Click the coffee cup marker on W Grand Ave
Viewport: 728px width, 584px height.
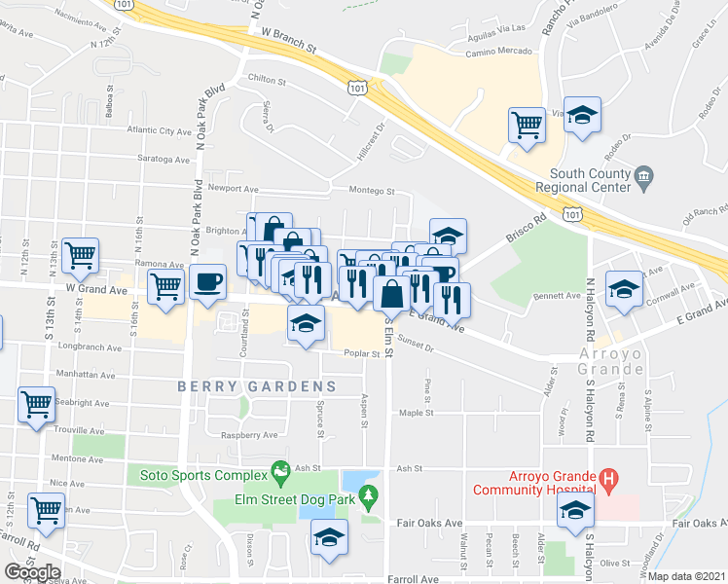point(206,282)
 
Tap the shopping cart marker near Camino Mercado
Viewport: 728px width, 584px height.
point(526,125)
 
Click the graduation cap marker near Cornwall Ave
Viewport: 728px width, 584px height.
point(623,288)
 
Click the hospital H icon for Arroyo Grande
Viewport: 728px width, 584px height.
point(608,477)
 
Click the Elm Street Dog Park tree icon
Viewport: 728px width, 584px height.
point(368,500)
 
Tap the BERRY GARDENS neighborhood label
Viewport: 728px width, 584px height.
point(256,386)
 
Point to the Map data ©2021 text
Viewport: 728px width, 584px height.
point(686,575)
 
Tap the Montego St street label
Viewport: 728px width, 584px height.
point(370,192)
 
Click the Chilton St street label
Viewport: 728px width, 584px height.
point(267,83)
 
